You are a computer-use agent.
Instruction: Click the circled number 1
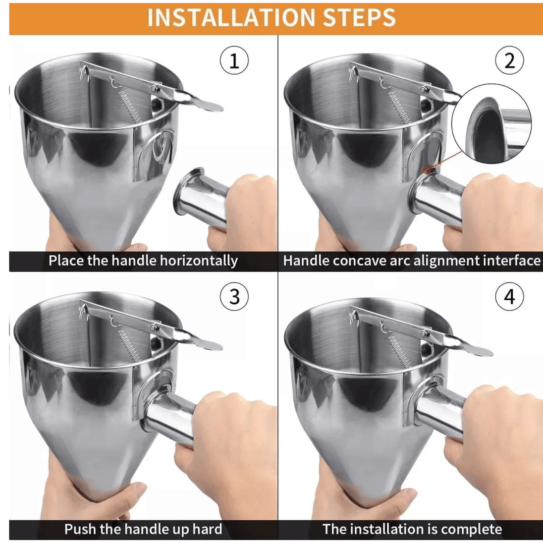tap(234, 60)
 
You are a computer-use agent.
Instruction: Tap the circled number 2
tap(509, 60)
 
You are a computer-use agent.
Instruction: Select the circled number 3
tap(234, 296)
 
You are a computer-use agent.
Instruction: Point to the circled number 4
tap(509, 296)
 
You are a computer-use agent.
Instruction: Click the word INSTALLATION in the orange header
tap(231, 18)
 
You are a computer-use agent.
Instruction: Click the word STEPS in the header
tap(359, 18)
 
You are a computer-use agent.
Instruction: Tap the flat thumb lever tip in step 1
tap(210, 107)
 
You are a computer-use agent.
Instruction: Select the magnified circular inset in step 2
tap(491, 124)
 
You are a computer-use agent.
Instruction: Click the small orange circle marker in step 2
tap(427, 170)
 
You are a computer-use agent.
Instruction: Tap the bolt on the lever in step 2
tap(424, 90)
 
